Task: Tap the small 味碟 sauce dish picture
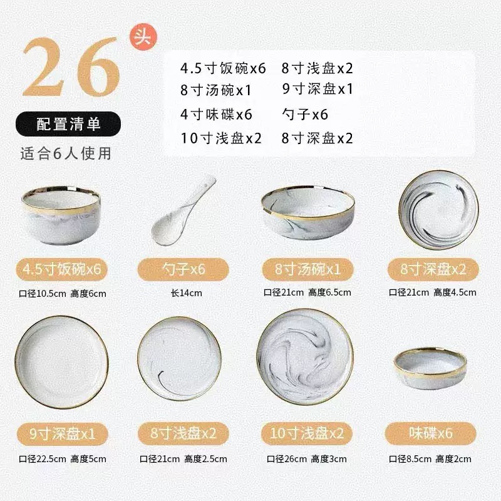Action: [x=430, y=368]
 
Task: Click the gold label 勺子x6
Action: [x=180, y=270]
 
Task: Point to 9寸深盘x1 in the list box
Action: [x=318, y=89]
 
